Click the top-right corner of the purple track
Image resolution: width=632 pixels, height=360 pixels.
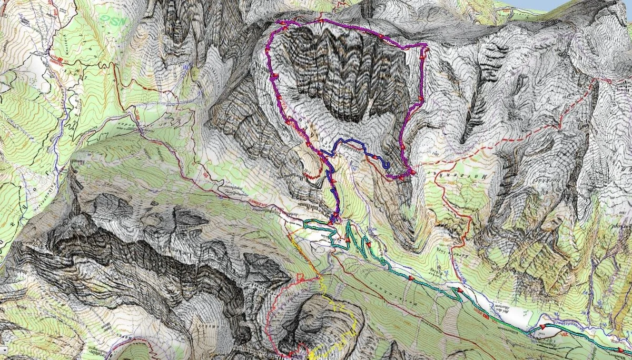(424, 46)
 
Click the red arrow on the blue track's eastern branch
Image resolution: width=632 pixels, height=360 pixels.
(373, 157)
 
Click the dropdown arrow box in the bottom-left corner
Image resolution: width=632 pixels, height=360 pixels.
(3, 349)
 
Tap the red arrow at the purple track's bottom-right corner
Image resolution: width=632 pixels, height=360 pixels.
(412, 172)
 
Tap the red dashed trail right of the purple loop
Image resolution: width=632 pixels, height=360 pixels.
(506, 142)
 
